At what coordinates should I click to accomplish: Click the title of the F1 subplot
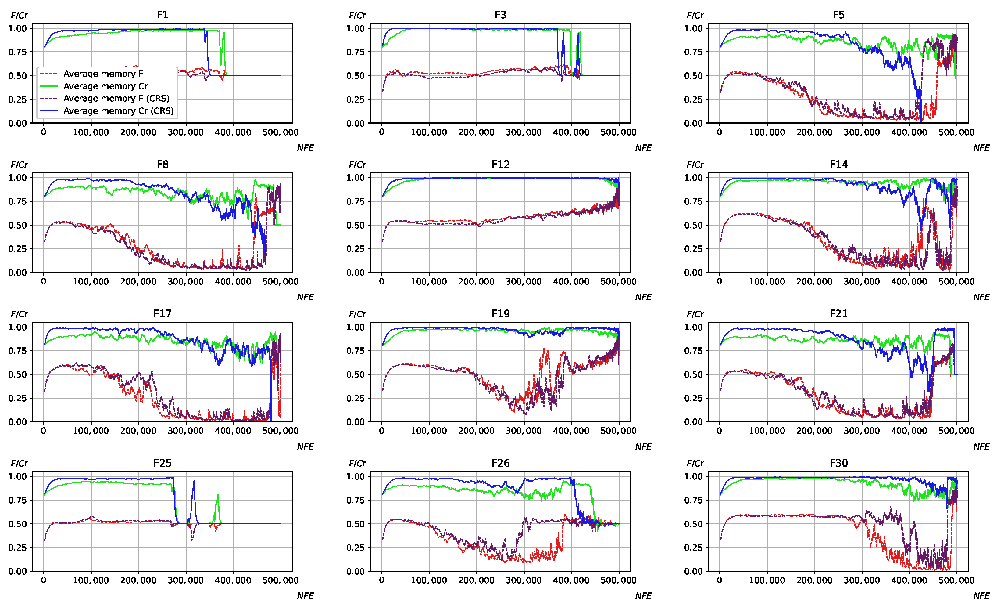coord(162,15)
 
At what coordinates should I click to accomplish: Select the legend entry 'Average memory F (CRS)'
coord(116,98)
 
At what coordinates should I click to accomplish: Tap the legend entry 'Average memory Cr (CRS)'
coord(118,111)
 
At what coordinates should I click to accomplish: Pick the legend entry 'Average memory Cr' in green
coord(105,86)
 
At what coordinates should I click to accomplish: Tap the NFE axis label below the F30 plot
coord(981,596)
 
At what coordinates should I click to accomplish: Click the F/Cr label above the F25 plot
coord(20,463)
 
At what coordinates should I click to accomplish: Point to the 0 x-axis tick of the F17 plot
coord(44,431)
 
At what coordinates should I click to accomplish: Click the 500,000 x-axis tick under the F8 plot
coord(281,282)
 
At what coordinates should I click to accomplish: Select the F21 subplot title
coord(838,314)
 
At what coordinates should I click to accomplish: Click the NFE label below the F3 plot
coord(643,148)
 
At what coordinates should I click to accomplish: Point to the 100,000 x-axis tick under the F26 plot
coord(429,580)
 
